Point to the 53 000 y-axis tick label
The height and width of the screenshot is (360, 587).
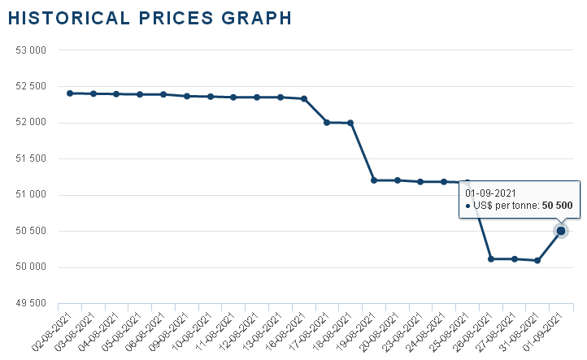point(30,50)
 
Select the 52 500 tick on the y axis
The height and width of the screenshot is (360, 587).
point(30,86)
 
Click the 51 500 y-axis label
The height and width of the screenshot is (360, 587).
point(30,158)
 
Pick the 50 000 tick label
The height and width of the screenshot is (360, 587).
point(30,267)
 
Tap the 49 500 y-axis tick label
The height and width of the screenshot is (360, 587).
point(30,303)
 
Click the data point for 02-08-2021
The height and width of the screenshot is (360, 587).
point(70,93)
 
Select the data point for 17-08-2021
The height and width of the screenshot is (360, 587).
point(327,123)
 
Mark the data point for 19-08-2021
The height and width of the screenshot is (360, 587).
point(374,180)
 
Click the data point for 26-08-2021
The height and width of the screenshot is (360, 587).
point(491,259)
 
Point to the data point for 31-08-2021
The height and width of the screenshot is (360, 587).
point(537,260)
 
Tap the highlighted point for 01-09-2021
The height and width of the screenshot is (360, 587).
point(561,231)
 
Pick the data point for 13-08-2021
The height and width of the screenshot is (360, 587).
point(280,98)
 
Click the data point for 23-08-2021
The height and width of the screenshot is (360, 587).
point(420,182)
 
